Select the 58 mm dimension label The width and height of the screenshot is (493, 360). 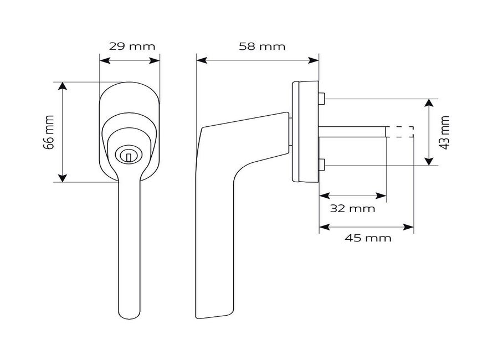click(262, 46)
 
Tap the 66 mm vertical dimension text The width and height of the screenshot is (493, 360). click(49, 132)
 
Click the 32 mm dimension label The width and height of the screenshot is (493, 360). click(353, 209)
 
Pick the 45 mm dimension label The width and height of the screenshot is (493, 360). click(368, 238)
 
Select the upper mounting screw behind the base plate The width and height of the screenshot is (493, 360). click(321, 100)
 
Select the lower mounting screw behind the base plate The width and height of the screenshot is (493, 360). click(321, 164)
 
